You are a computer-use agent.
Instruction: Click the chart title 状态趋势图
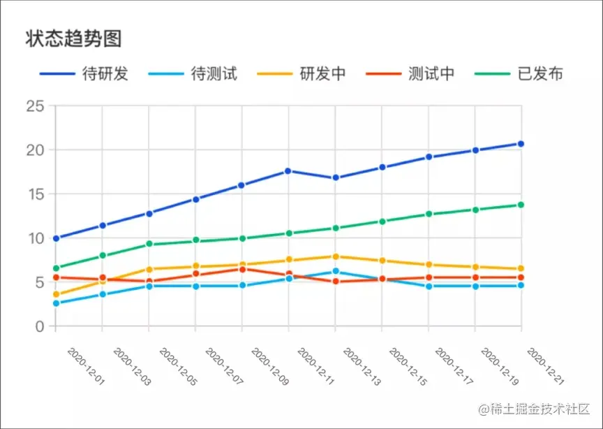click(x=74, y=38)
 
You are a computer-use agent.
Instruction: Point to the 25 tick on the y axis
click(x=35, y=106)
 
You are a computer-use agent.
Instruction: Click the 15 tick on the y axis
click(x=35, y=194)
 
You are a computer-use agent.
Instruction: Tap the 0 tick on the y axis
click(x=39, y=326)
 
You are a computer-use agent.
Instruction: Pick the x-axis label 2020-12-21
click(x=546, y=365)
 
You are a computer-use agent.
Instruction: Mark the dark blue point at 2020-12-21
click(x=521, y=144)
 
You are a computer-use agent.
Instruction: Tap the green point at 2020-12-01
click(x=56, y=268)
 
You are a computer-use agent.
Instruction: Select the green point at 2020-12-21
click(x=521, y=205)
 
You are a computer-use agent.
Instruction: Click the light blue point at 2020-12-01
click(x=56, y=303)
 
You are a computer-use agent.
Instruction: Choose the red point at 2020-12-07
click(x=242, y=269)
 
